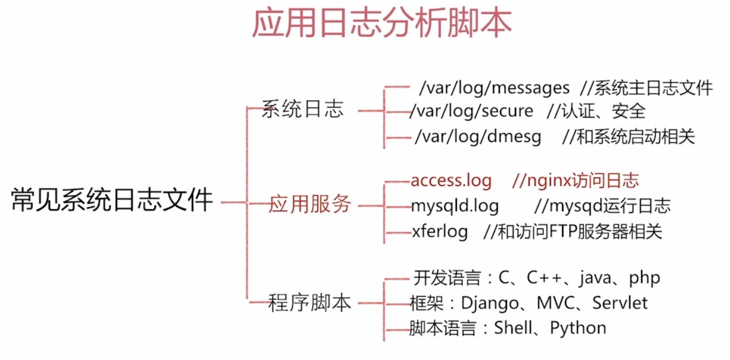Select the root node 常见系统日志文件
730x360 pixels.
coord(112,200)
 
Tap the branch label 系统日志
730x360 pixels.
coord(303,109)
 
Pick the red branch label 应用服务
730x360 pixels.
coord(310,204)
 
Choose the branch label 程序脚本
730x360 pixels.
coord(309,302)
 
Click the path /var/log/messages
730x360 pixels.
coord(494,88)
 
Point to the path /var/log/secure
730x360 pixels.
coord(471,111)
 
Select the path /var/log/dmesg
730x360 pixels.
coord(478,137)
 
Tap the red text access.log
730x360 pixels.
coord(451,181)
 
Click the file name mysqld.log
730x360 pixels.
coord(455,206)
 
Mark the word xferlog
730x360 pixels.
coord(440,232)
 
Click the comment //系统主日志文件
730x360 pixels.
coord(647,88)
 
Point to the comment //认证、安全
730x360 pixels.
coord(597,111)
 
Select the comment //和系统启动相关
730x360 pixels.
coord(629,137)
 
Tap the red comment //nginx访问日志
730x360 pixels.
coord(576,181)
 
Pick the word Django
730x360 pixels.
coord(490,304)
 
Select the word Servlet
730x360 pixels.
coord(620,302)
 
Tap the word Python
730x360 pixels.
coord(578,328)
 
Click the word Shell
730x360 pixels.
coord(513,328)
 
